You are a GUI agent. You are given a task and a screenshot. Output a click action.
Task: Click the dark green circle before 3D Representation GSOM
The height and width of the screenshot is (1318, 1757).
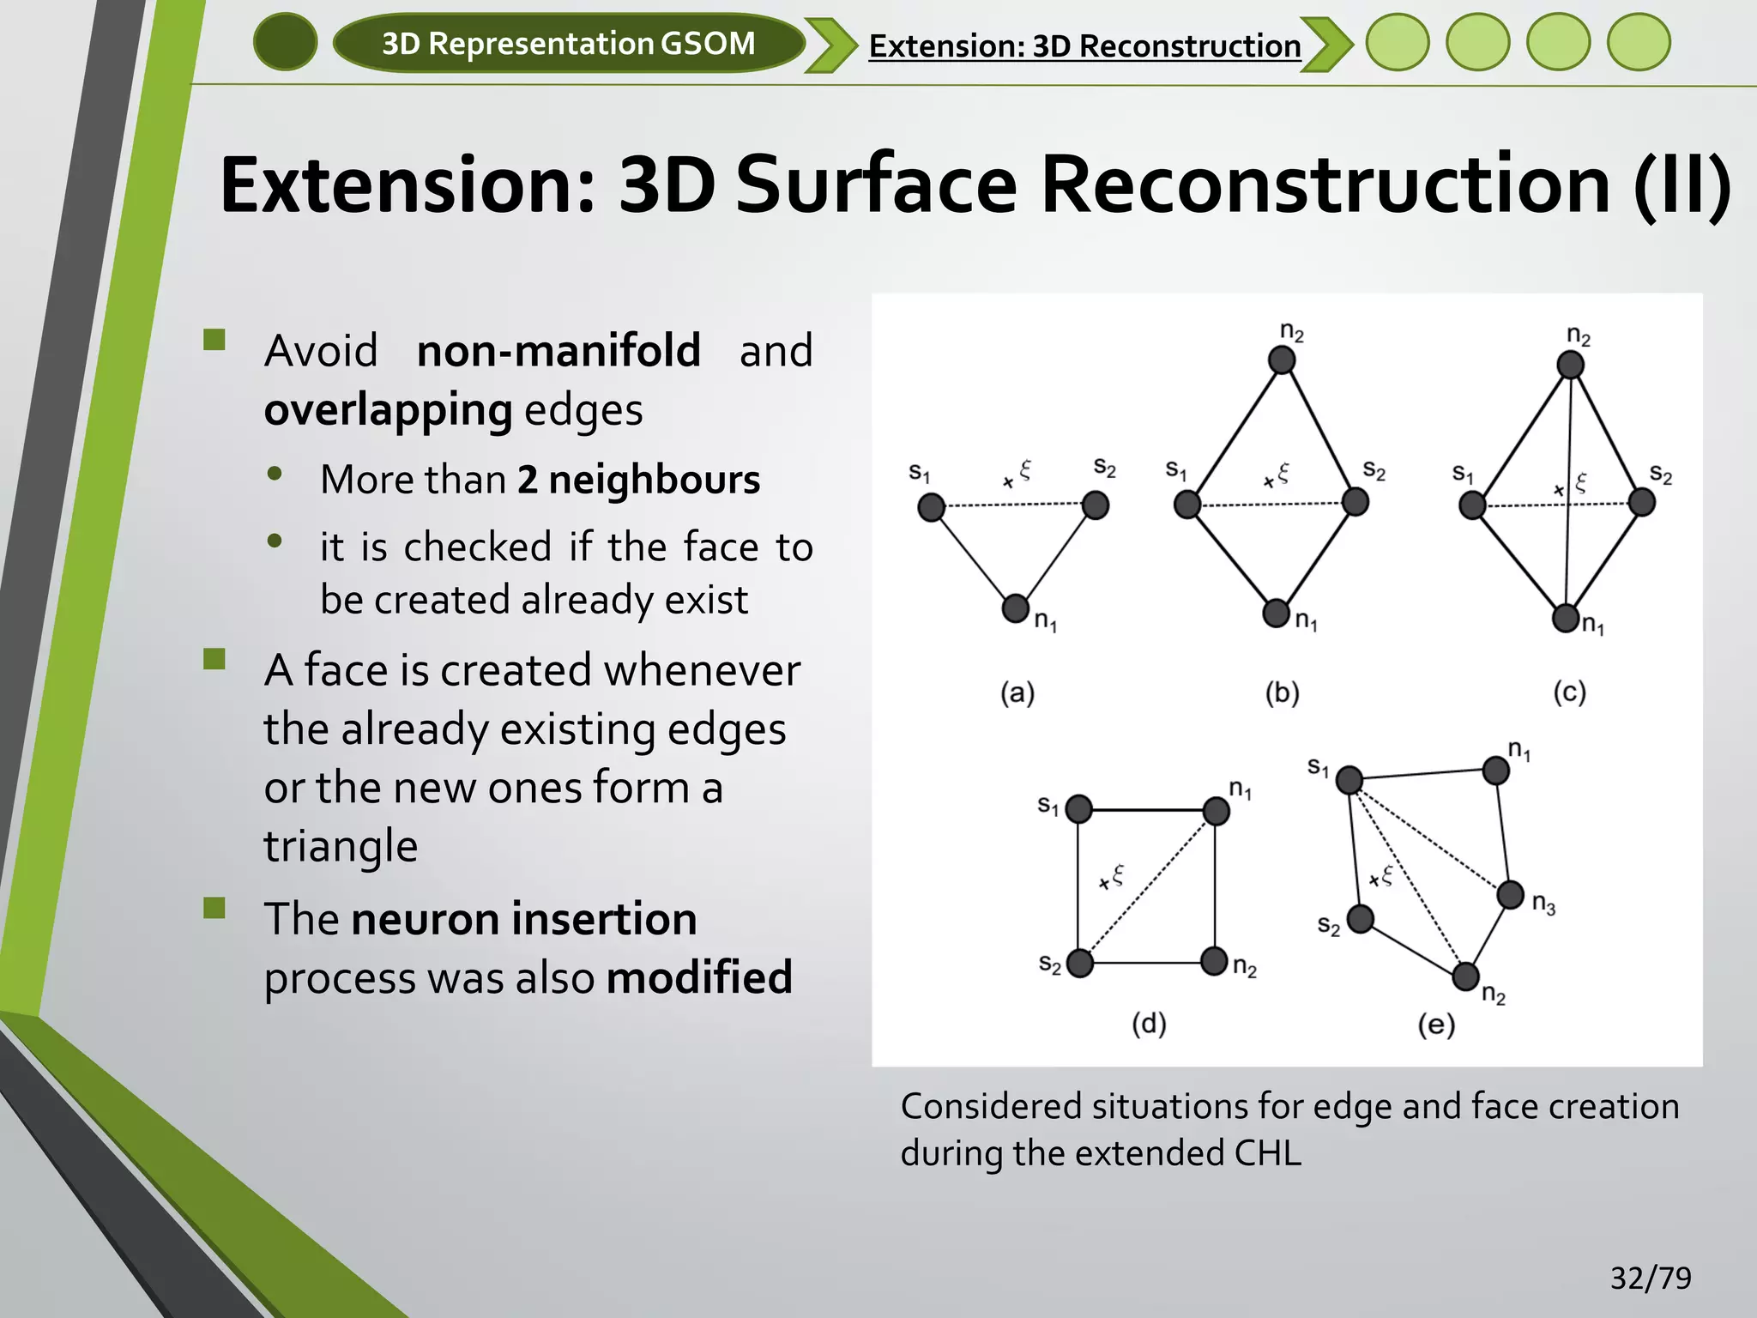click(285, 42)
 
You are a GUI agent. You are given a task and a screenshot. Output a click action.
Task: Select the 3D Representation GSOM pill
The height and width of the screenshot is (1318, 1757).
click(568, 43)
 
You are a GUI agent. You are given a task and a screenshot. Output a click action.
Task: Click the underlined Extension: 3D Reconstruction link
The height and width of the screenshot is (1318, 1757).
click(1084, 46)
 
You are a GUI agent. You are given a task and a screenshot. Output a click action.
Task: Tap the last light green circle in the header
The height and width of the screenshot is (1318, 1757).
click(1639, 42)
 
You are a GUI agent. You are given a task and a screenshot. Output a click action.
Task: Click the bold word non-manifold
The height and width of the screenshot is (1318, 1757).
click(558, 351)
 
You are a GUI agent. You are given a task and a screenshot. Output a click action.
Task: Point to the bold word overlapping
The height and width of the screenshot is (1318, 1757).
click(388, 409)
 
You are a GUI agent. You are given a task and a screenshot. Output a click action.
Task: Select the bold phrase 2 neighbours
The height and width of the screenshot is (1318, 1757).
click(638, 480)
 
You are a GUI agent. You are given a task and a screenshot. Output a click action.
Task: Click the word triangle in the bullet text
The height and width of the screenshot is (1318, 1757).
click(341, 846)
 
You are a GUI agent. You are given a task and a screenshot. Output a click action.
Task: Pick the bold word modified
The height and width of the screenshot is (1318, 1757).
click(699, 978)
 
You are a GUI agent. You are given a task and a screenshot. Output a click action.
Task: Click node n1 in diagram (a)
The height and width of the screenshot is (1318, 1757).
click(1016, 608)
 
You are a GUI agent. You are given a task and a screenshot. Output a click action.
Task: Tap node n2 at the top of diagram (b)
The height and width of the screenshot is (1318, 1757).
click(1282, 360)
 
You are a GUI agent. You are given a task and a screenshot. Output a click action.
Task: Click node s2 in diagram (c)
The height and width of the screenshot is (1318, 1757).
click(1641, 502)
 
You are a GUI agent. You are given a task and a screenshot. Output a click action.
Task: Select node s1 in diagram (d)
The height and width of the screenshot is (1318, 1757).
click(1078, 808)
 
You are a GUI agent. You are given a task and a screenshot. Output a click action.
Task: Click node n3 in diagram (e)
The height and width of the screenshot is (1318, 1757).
click(1511, 894)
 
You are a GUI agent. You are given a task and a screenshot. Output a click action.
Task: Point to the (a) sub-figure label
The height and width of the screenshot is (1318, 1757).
click(1017, 692)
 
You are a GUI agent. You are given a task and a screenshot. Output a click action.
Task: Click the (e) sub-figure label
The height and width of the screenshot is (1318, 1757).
click(1436, 1025)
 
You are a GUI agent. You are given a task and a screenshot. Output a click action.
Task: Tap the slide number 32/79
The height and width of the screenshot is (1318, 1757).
click(1650, 1278)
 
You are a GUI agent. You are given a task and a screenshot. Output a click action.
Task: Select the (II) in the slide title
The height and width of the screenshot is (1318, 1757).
click(1681, 185)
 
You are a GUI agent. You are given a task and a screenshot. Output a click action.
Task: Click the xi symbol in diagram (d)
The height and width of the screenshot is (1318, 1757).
click(1118, 875)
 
